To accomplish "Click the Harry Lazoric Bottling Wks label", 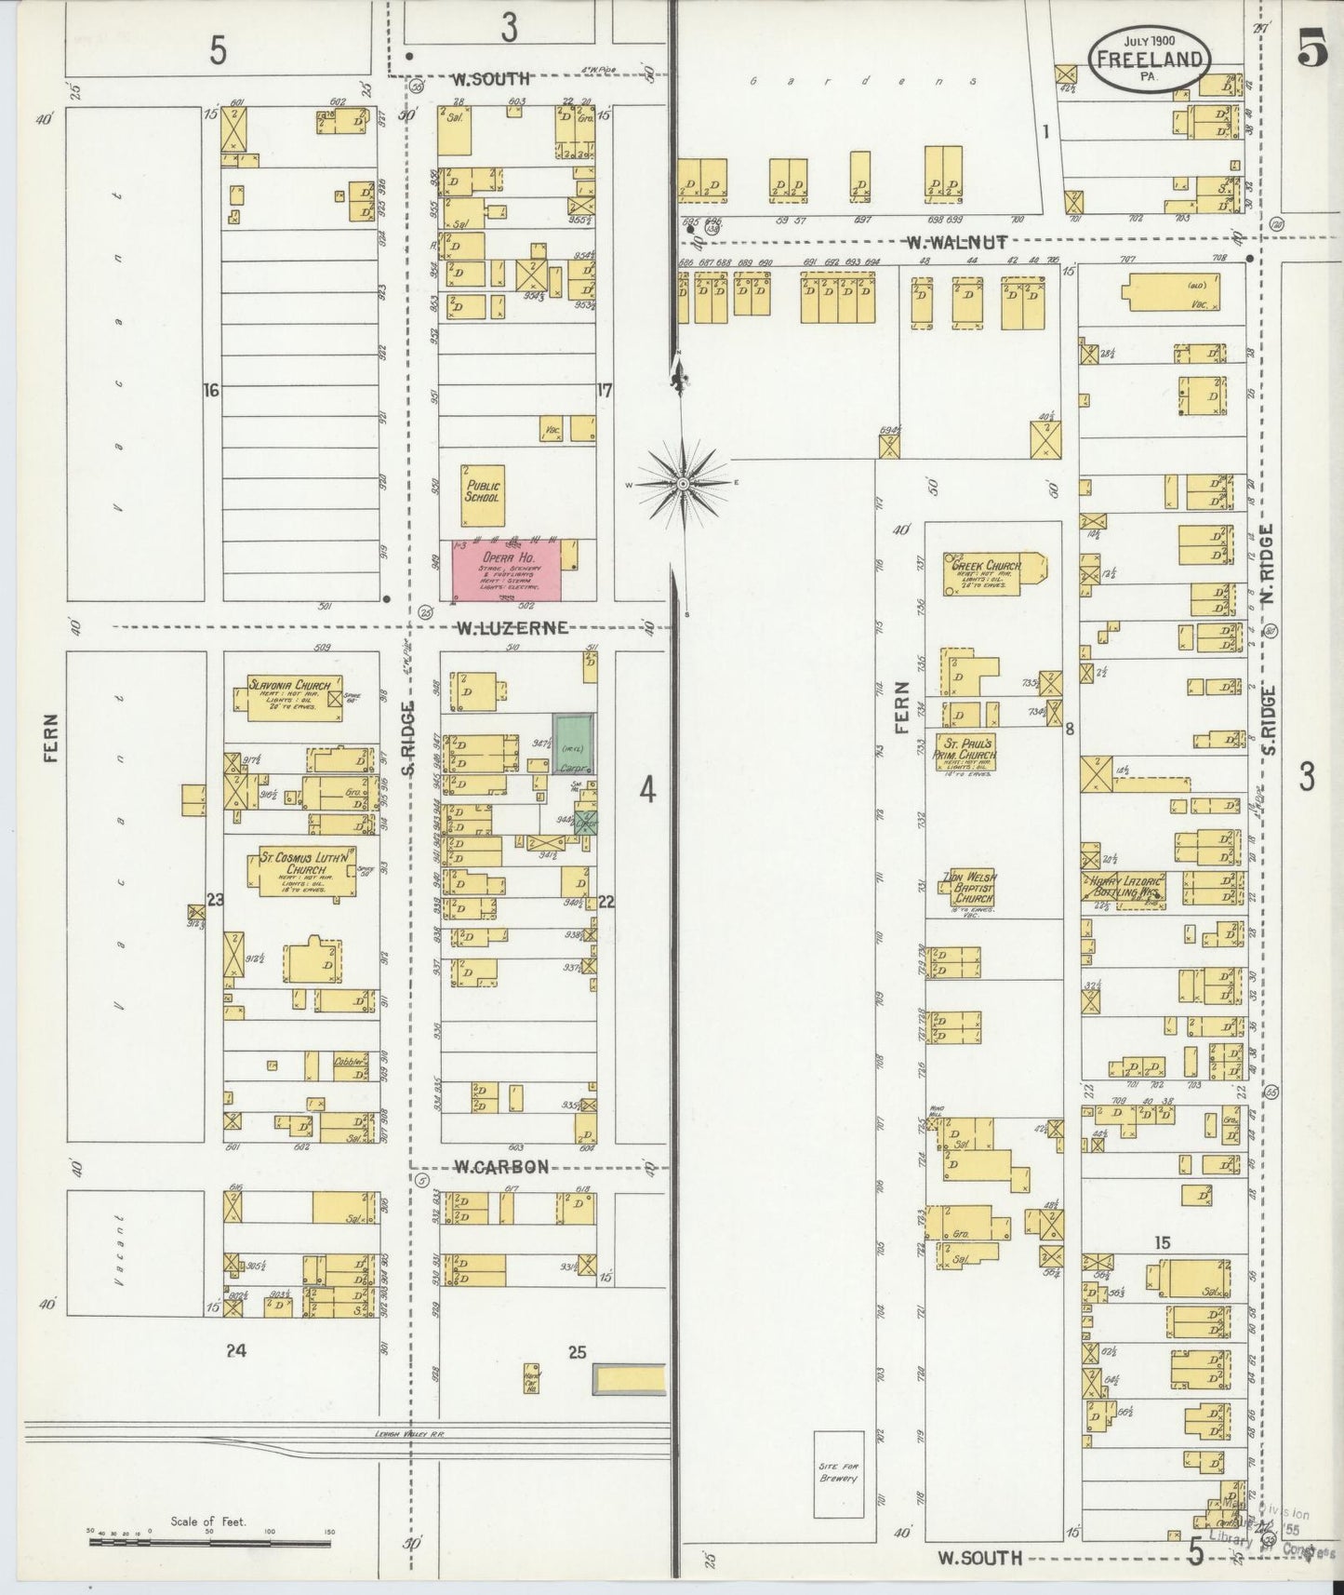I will [1122, 885].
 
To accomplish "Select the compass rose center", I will [682, 484].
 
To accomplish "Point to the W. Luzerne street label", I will [511, 628].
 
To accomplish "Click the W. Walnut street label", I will [957, 243].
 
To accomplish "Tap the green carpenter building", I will [574, 744].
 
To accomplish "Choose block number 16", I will [211, 391].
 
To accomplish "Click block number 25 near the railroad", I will [578, 1352].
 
